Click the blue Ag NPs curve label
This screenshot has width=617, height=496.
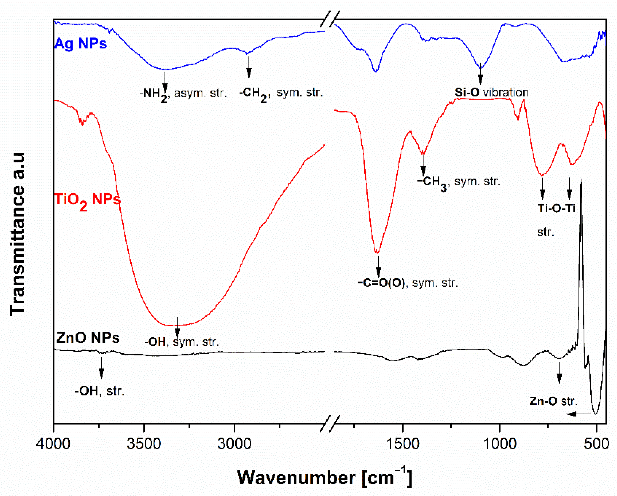(80, 44)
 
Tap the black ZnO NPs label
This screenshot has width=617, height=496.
(88, 338)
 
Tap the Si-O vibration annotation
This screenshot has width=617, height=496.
(492, 92)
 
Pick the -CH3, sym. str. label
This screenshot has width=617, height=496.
(458, 182)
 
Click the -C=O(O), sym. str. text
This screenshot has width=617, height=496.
(408, 283)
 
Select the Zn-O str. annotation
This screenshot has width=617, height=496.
(553, 401)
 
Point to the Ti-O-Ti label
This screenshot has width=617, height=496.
(556, 208)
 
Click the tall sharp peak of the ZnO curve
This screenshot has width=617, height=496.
(581, 183)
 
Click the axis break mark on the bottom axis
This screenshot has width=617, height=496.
(330, 423)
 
